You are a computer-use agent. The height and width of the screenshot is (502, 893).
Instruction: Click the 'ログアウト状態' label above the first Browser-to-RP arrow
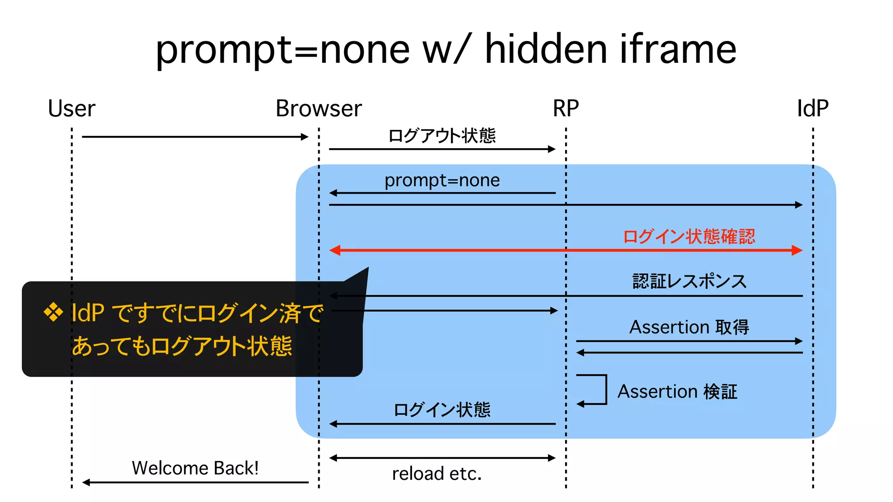pyautogui.click(x=442, y=136)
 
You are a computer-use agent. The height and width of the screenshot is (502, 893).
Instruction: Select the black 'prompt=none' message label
pyautogui.click(x=442, y=180)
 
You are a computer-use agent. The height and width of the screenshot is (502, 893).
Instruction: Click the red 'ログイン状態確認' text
pyautogui.click(x=689, y=237)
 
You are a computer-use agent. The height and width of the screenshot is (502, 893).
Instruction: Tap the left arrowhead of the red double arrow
pyautogui.click(x=335, y=250)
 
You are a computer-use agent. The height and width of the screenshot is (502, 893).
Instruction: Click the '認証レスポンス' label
pyautogui.click(x=689, y=281)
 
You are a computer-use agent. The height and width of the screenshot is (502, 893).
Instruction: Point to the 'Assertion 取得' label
pyautogui.click(x=689, y=327)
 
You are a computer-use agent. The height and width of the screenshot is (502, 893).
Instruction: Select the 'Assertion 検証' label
pyautogui.click(x=677, y=391)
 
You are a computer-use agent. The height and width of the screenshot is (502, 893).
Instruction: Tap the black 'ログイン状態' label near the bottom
pyautogui.click(x=442, y=410)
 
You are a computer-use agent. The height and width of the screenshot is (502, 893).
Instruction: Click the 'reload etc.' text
pyautogui.click(x=437, y=474)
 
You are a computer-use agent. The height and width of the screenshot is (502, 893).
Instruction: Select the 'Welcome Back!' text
pyautogui.click(x=195, y=468)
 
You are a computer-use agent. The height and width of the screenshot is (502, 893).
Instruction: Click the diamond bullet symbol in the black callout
pyautogui.click(x=53, y=312)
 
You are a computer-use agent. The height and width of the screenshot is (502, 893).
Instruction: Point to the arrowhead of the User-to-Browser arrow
pyautogui.click(x=305, y=137)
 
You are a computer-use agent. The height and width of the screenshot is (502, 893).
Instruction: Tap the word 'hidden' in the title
pyautogui.click(x=545, y=49)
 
